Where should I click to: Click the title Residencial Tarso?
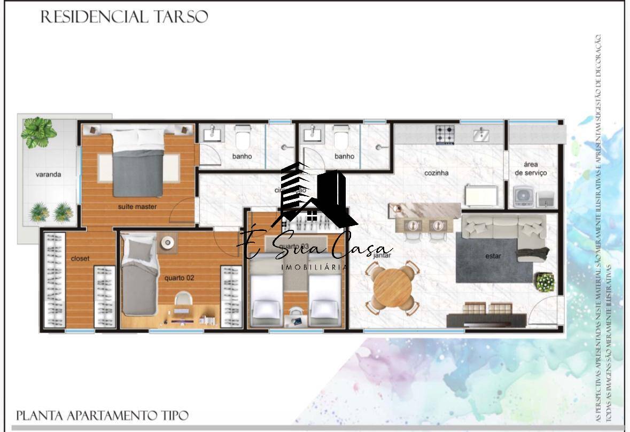[x=124, y=17]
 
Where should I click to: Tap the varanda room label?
[x=48, y=174]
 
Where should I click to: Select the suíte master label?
[x=138, y=206]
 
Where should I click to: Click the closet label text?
[x=80, y=259]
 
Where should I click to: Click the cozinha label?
[x=436, y=173]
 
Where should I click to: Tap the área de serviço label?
[x=531, y=168]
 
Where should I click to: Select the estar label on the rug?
[x=493, y=256]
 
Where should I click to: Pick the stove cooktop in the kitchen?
[x=445, y=134]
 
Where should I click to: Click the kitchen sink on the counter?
[x=481, y=135]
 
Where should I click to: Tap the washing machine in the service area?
[x=523, y=197]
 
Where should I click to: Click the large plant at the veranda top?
[x=39, y=132]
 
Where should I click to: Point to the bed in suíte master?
[x=138, y=163]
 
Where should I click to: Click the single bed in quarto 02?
[x=138, y=279]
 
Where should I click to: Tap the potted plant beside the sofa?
[x=545, y=282]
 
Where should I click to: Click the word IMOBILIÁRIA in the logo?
[x=315, y=267]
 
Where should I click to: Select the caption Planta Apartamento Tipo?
[x=102, y=415]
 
